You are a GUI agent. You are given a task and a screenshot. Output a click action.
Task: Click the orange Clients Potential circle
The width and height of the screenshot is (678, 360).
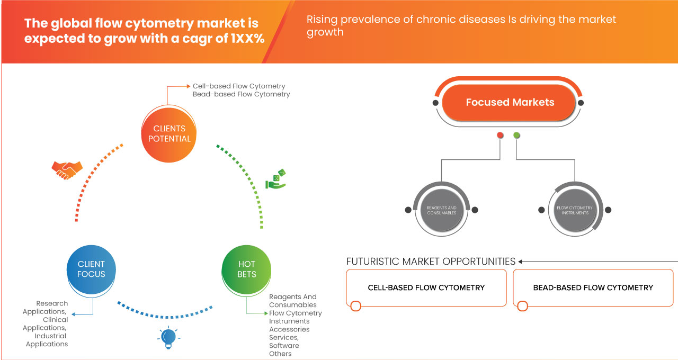(169, 133)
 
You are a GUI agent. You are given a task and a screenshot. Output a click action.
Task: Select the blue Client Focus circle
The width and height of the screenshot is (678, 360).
(91, 269)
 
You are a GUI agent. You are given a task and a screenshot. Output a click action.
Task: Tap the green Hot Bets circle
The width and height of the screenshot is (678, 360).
(247, 269)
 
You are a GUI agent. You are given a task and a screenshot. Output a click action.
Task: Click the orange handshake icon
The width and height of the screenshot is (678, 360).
(67, 169)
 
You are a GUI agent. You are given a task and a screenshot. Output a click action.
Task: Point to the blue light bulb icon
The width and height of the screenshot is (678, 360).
(168, 337)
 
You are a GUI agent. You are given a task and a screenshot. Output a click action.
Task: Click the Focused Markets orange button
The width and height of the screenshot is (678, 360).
(510, 103)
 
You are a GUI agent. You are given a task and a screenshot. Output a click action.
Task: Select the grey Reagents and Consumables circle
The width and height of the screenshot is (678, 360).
(441, 210)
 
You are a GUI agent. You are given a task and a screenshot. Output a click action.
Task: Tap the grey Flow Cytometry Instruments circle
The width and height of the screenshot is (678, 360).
(575, 210)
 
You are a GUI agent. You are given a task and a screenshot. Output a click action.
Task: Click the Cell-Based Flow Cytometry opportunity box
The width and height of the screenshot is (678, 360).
(426, 287)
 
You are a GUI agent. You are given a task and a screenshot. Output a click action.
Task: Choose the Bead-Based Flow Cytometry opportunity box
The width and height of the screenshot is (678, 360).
(593, 287)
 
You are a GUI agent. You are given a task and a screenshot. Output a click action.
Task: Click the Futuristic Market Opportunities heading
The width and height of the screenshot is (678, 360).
(431, 262)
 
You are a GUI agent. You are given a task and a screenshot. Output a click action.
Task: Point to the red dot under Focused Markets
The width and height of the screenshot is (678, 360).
(500, 136)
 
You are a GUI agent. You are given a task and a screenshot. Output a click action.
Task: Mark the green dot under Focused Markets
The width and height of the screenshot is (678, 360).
(516, 136)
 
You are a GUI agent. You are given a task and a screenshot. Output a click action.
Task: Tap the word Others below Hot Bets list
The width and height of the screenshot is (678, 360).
(280, 354)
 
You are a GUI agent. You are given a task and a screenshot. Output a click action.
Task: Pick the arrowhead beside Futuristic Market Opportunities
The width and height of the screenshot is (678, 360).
(521, 262)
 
